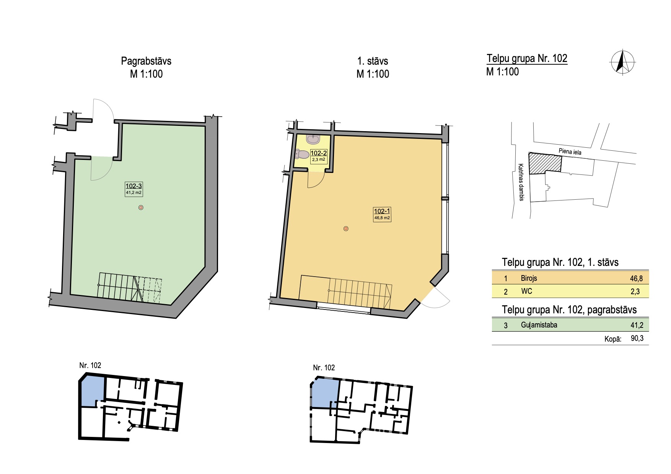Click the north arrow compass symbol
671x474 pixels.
tap(622, 62)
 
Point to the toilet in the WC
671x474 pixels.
tap(302, 154)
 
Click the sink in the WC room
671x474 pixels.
tap(313, 139)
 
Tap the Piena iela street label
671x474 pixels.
tap(570, 151)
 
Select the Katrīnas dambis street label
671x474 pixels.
tap(521, 182)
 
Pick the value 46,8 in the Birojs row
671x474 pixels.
tap(636, 279)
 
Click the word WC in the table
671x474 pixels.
tap(526, 291)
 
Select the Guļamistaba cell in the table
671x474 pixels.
tap(539, 325)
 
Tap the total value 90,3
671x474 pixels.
tap(637, 338)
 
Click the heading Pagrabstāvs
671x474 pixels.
tap(146, 61)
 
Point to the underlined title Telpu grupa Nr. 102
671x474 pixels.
tap(527, 59)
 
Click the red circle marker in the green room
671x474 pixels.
tap(141, 208)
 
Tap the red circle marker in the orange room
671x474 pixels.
tap(346, 229)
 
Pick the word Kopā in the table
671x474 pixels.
tap(612, 339)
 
